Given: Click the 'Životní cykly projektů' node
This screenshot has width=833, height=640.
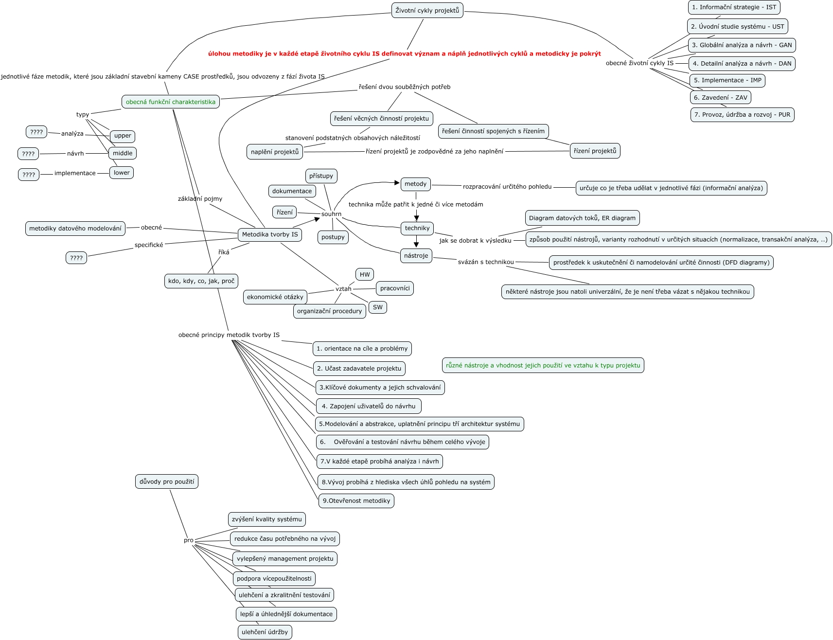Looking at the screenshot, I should pos(427,10).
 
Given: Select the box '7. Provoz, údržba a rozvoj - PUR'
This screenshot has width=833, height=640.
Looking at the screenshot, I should pos(742,115).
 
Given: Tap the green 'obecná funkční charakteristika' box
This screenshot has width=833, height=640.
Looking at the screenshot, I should pos(170,102).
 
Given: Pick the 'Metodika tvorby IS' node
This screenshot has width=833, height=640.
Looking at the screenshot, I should pos(270,234).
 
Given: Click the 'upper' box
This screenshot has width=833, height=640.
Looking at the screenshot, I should pos(123,136).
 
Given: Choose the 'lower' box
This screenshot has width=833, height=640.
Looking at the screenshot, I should pos(122,173).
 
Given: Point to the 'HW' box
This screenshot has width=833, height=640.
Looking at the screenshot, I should pos(365,274).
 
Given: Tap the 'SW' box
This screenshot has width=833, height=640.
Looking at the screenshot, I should pos(378,307).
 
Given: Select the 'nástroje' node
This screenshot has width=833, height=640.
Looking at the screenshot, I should pos(416,256).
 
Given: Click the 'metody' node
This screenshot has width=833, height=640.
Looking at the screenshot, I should pos(415,184).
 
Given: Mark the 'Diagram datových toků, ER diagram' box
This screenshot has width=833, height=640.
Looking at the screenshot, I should pos(582,218).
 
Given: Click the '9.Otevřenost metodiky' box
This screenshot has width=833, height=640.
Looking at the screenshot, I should pos(356,501).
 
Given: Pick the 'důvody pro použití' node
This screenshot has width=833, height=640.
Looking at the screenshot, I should pos(167,482).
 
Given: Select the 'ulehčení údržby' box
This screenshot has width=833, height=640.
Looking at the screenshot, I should pos(265,632).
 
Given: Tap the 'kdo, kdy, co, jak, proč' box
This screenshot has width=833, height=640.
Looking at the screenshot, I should pos(201,281).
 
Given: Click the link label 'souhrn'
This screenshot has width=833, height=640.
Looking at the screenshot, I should pos(331,214).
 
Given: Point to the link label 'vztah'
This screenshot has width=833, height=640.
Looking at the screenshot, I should pos(343,289).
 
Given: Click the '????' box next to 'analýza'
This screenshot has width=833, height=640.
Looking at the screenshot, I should pos(36,132).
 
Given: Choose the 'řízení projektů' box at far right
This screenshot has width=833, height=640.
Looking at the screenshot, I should pos(595,151).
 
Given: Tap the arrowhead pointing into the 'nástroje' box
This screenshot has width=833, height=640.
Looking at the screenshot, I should pos(416,245).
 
